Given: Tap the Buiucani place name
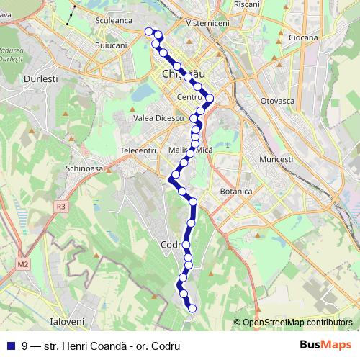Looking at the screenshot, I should pyautogui.click(x=111, y=45).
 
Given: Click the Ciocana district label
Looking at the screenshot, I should pyautogui.click(x=303, y=37).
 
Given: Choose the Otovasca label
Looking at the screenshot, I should pyautogui.click(x=278, y=101).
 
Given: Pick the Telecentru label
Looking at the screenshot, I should pyautogui.click(x=139, y=150).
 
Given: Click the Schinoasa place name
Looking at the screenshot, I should pyautogui.click(x=84, y=166).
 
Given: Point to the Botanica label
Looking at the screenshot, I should pyautogui.click(x=236, y=192).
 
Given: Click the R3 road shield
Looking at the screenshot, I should pyautogui.click(x=60, y=207).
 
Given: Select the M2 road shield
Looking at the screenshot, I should pyautogui.click(x=24, y=264).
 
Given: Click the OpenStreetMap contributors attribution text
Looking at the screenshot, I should pyautogui.click(x=297, y=323).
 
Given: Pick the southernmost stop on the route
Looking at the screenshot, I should pyautogui.click(x=192, y=309).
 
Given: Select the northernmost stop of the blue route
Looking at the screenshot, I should pyautogui.click(x=150, y=31).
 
